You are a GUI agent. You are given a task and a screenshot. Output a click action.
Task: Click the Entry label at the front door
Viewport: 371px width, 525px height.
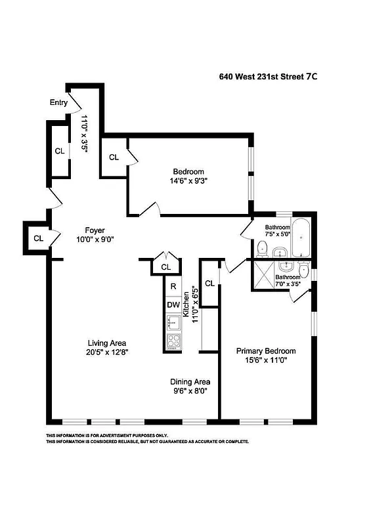tap(58, 102)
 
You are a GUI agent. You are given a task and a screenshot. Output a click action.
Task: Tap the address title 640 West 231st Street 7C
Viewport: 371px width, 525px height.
tap(268, 76)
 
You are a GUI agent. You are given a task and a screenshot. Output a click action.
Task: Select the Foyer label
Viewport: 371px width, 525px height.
tap(95, 230)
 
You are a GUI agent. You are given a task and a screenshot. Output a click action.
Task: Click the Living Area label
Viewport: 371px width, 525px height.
tap(107, 343)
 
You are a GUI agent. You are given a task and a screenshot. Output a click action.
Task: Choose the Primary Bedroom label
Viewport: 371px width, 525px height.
tap(266, 350)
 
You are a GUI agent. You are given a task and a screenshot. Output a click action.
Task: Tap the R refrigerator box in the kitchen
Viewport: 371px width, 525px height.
tap(173, 287)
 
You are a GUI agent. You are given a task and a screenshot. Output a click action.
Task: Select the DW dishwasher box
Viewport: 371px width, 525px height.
tap(173, 304)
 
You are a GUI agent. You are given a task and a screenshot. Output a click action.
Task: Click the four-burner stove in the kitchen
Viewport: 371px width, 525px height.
tap(174, 341)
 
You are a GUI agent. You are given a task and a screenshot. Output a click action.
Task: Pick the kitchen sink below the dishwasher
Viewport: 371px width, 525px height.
tap(173, 322)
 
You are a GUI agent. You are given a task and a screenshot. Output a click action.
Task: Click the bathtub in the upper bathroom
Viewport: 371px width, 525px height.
tap(301, 239)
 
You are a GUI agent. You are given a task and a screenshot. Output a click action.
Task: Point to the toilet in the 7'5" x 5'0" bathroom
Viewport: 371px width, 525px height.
tap(262, 247)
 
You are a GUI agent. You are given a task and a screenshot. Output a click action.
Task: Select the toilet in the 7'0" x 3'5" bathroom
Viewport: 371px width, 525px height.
tap(303, 270)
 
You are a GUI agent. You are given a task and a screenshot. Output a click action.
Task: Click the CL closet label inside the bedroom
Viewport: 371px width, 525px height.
tap(114, 157)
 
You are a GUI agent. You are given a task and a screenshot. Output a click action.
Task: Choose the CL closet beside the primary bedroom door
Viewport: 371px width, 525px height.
tap(209, 283)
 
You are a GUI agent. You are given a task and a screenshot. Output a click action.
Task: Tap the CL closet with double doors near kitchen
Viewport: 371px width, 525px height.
tap(165, 267)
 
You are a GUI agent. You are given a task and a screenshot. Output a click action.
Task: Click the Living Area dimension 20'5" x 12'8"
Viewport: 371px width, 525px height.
tap(107, 352)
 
